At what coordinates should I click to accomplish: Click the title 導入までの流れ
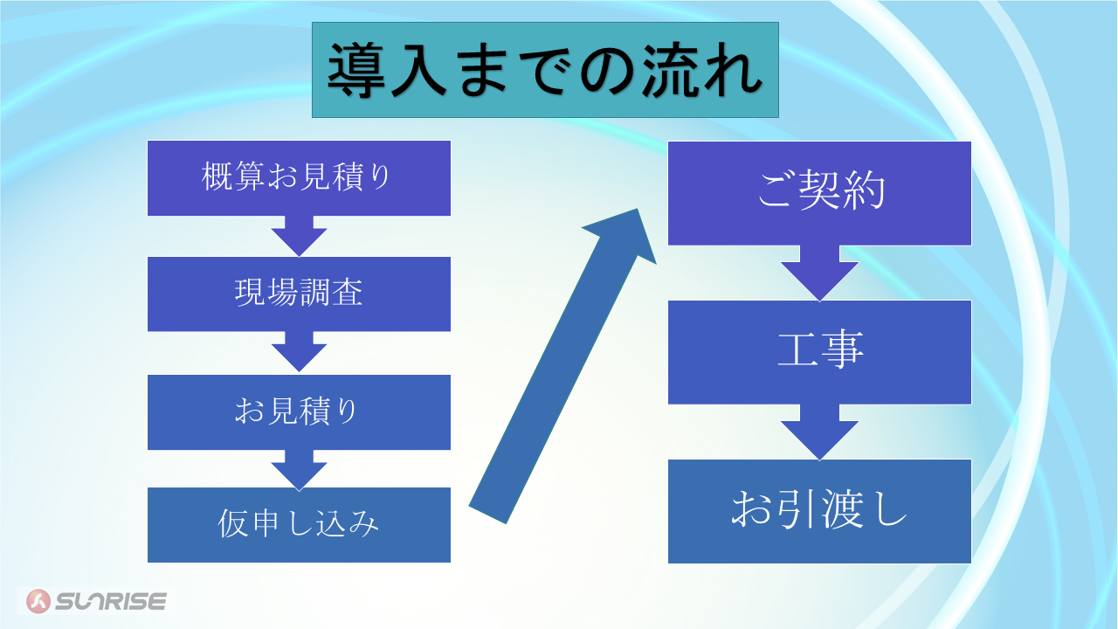[545, 70]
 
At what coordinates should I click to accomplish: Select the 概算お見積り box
[299, 178]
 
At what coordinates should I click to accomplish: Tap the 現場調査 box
[299, 294]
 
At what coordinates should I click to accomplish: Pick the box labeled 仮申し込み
[299, 525]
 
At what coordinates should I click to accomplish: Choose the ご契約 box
[819, 193]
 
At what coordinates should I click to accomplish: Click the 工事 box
[819, 352]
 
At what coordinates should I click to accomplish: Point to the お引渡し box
[819, 511]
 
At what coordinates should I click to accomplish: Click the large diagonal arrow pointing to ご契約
[562, 366]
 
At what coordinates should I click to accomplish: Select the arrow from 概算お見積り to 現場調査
[299, 236]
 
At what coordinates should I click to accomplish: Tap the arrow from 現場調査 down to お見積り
[299, 351]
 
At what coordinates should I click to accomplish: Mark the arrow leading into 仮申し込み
[299, 470]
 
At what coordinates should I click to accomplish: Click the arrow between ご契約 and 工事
[819, 273]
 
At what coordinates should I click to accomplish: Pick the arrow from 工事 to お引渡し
[819, 432]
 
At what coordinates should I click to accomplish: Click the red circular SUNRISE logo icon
[38, 601]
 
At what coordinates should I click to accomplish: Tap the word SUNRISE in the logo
[111, 601]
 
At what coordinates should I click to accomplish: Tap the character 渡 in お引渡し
[843, 508]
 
